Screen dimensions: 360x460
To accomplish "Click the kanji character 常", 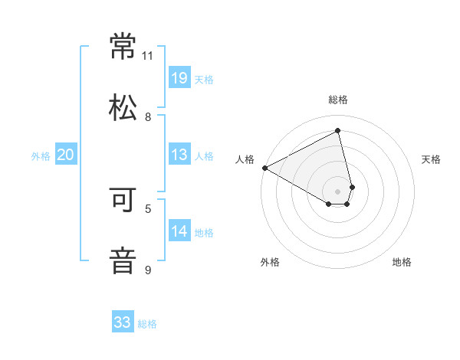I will point(123,47).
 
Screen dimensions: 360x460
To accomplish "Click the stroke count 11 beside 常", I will point(148,56).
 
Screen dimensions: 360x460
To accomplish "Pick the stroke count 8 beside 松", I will point(148,117).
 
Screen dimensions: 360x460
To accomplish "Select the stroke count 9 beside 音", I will point(148,270).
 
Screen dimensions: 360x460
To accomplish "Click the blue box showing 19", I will point(179,78).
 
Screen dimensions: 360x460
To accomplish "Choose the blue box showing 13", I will point(179,155).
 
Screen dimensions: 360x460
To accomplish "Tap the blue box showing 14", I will point(179,231).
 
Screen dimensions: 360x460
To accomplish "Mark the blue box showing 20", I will point(66,155).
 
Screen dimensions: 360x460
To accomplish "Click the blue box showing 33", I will point(123,322).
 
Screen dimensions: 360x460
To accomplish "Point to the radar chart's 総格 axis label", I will point(338,100).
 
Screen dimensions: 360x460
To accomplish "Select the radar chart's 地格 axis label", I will point(402,263).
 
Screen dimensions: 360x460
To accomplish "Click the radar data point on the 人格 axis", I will point(264,168).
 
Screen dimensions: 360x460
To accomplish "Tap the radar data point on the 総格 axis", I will point(338,131).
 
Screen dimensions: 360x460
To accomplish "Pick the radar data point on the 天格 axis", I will point(352,186).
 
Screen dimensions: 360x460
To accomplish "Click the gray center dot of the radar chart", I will point(338,191).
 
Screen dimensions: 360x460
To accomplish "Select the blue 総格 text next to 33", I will point(147,324).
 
